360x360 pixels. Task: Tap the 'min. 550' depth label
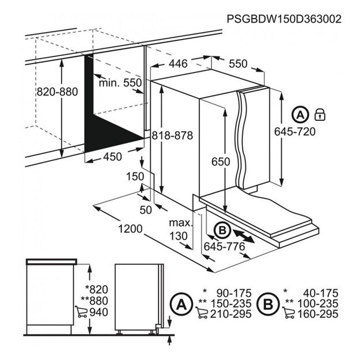coord(119,83)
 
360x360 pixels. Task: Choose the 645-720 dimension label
coord(312,131)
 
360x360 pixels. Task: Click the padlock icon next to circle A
coord(320,115)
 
